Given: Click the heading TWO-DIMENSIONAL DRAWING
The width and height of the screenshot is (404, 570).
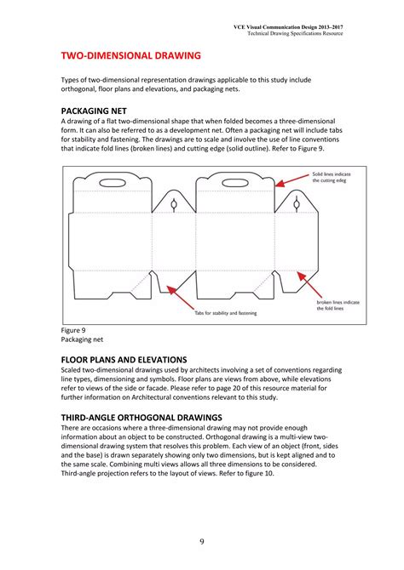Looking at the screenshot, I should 130,56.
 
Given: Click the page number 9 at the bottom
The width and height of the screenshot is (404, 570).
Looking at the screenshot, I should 201,542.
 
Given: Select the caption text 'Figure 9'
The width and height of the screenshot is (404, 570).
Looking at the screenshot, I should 73,330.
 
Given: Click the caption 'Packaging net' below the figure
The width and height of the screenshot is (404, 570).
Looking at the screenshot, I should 84,339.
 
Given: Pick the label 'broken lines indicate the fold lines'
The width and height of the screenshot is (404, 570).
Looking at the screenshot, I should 338,305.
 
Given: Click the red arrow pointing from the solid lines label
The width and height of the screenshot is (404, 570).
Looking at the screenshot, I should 293,179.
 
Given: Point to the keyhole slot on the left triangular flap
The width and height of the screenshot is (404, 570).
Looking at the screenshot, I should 173,204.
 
